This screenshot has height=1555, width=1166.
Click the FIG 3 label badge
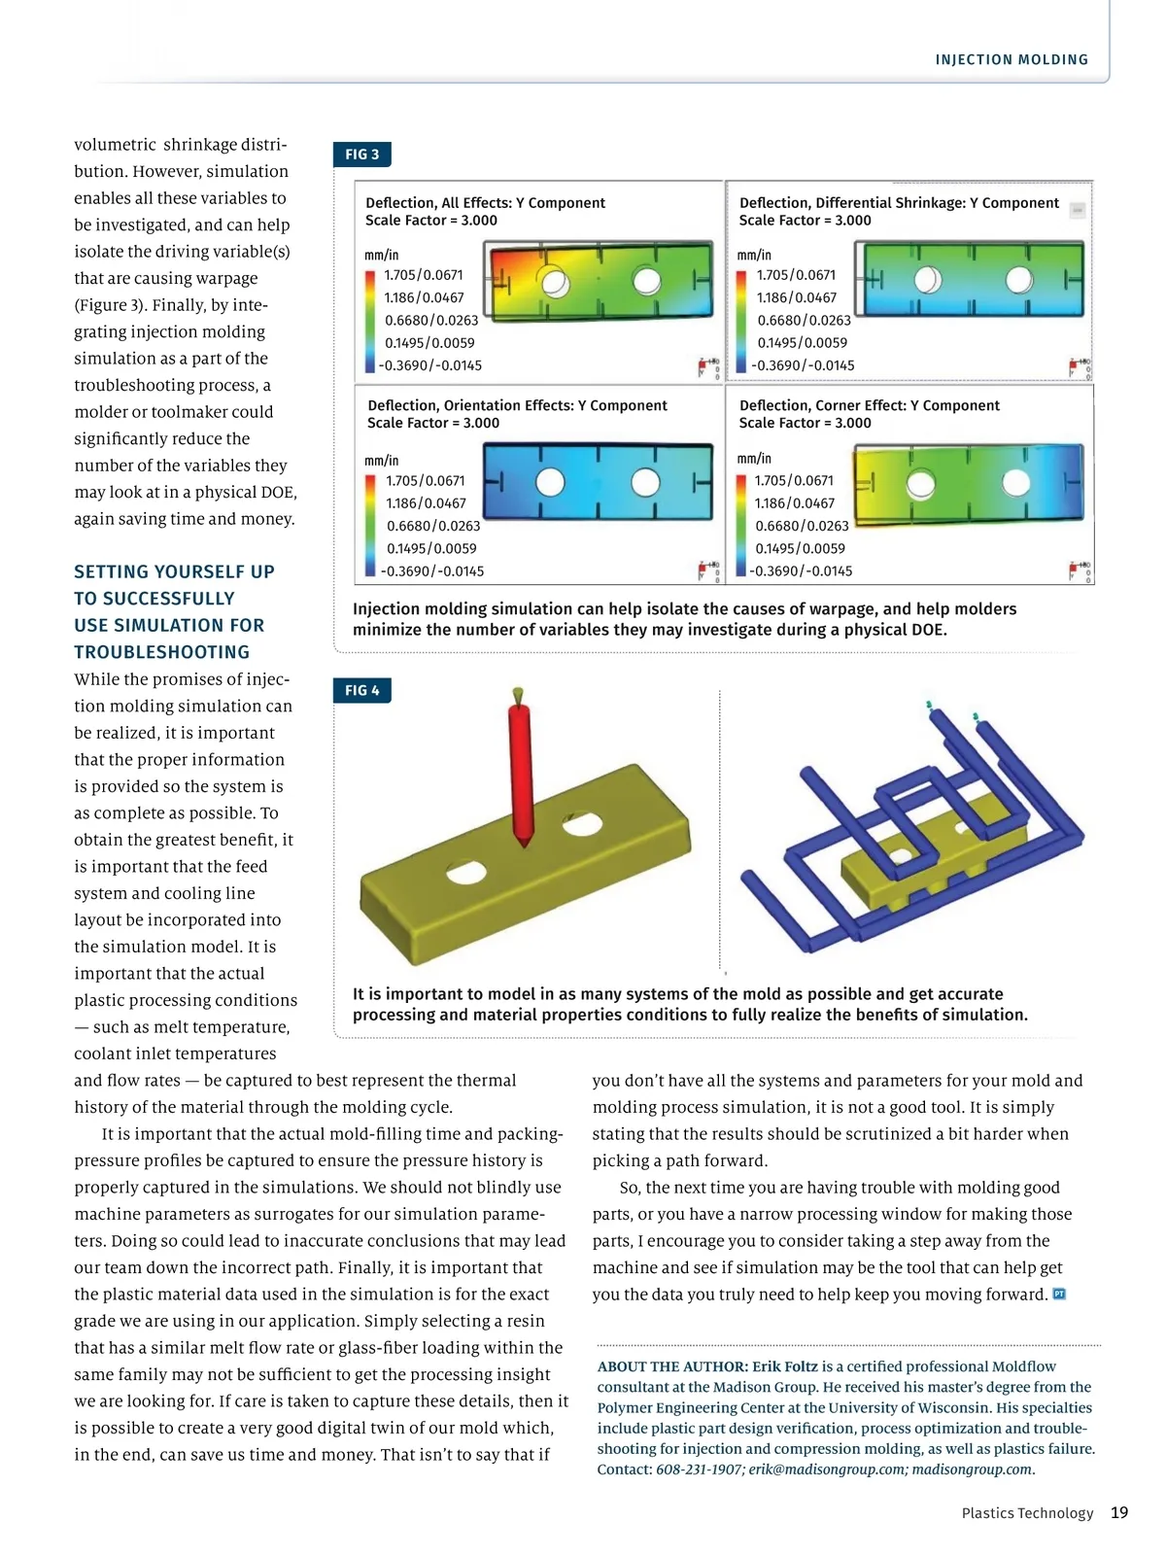361,155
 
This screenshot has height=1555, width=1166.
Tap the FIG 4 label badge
361,691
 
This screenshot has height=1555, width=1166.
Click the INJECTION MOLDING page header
1012,60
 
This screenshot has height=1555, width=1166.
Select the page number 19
1119,1512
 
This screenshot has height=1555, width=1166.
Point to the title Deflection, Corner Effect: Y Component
869,405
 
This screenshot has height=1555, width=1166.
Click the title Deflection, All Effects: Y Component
485,203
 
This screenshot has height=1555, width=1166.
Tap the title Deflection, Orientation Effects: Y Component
517,405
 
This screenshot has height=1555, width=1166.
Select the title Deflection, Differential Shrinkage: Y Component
899,203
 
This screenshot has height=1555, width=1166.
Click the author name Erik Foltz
785,1366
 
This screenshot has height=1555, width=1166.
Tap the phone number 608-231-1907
699,1469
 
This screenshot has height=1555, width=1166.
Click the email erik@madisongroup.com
827,1469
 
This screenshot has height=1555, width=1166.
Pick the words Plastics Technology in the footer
1027,1513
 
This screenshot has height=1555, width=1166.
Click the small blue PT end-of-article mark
1059,1294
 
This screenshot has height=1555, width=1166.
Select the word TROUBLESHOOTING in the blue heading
161,652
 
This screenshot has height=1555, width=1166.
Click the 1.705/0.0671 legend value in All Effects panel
423,275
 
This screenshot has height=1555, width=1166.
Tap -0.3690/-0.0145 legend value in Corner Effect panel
801,571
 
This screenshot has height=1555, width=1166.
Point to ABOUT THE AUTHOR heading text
672,1366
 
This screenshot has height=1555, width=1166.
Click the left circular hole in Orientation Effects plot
550,482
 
